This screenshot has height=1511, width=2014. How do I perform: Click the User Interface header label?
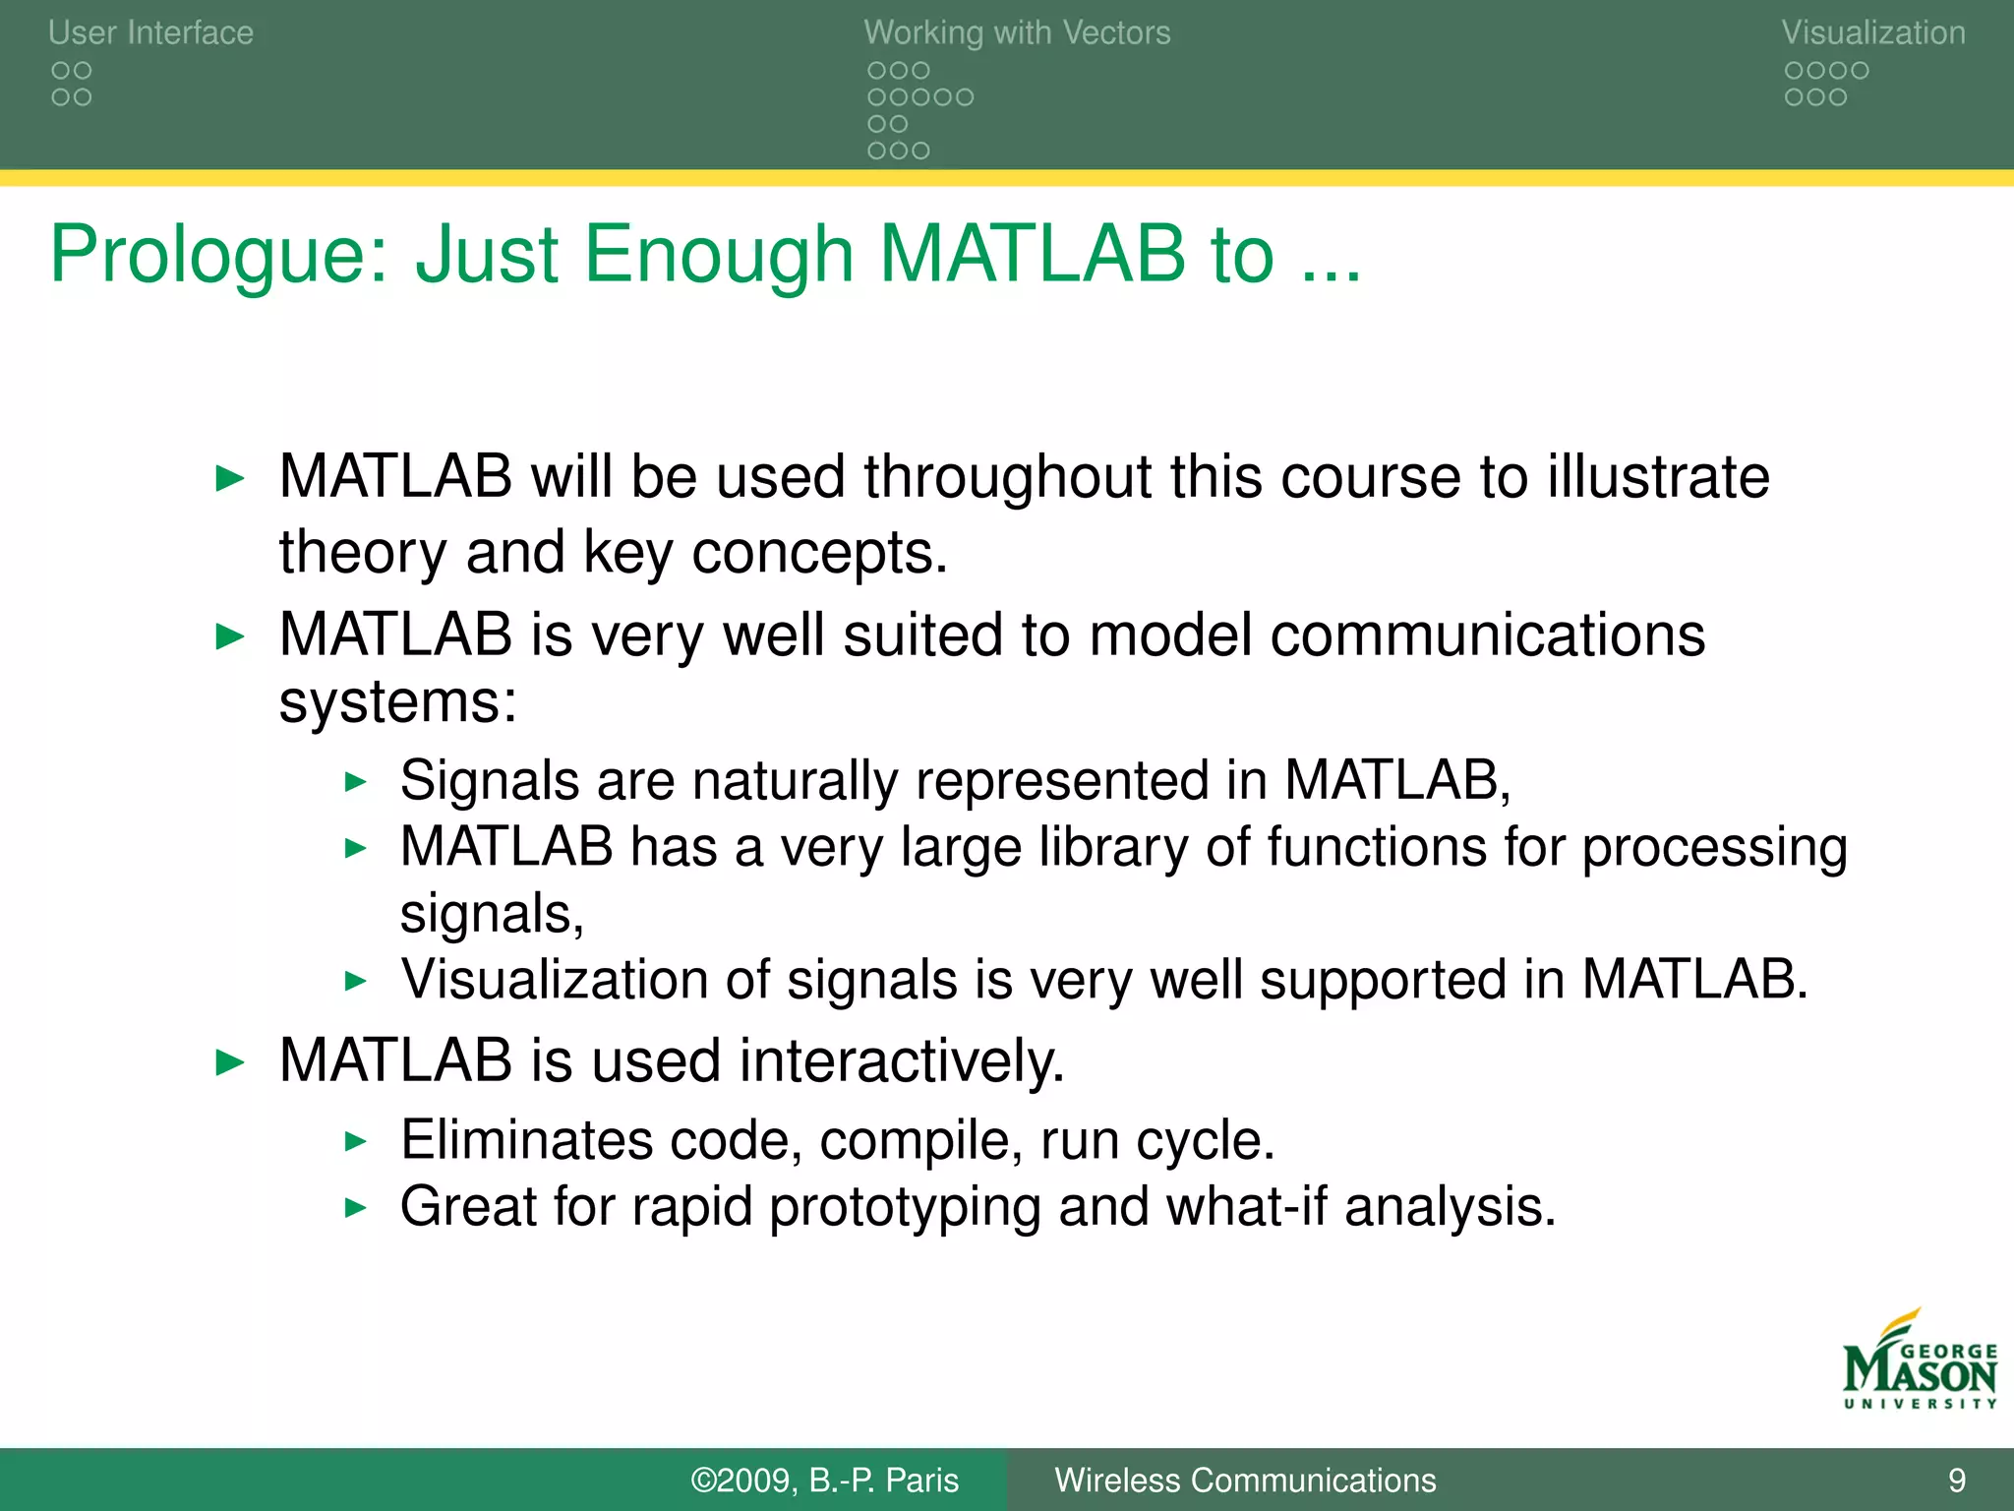point(150,32)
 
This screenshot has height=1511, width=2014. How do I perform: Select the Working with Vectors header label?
point(1017,32)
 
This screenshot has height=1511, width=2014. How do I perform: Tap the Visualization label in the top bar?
point(1872,32)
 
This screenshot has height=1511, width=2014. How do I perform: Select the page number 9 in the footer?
point(1956,1480)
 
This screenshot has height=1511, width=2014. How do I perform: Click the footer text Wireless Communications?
point(1244,1480)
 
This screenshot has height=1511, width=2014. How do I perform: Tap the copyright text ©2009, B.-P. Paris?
point(824,1480)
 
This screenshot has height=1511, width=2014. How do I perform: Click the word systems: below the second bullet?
point(397,702)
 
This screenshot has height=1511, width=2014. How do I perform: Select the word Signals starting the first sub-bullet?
point(489,781)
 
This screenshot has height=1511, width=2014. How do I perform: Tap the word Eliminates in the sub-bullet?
point(525,1141)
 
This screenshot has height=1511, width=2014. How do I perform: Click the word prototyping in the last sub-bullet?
point(904,1208)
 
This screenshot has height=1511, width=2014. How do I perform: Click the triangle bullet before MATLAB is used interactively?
point(229,1062)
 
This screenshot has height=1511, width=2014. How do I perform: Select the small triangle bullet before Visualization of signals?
point(355,981)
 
